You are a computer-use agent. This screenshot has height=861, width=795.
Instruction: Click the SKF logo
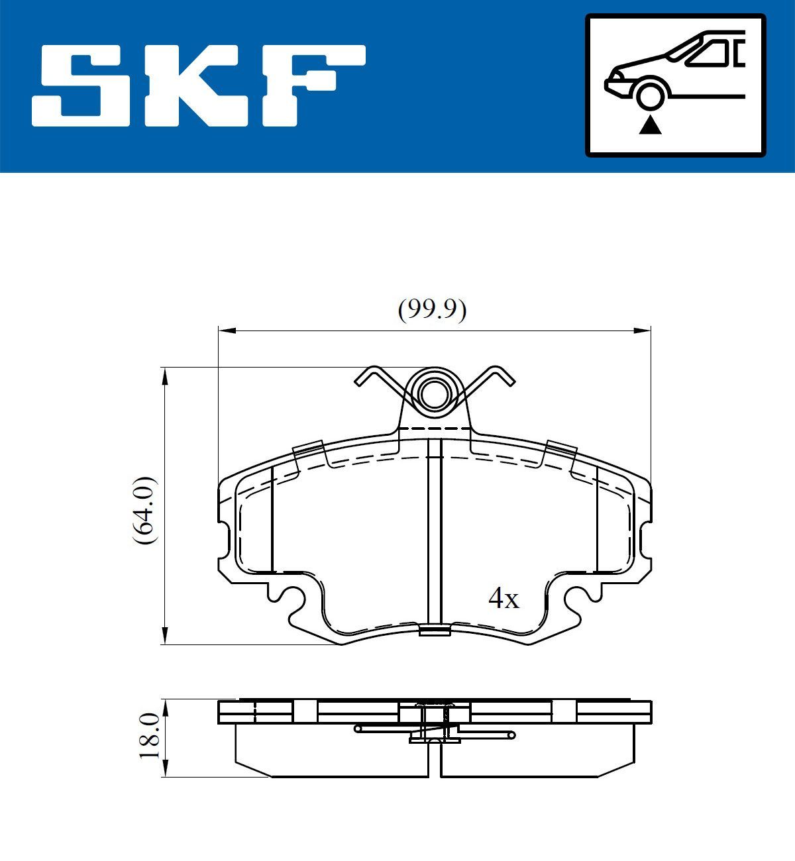[199, 85]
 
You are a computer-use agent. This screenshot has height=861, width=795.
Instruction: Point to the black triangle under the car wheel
[650, 125]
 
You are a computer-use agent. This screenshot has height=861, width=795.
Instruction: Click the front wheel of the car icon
[650, 93]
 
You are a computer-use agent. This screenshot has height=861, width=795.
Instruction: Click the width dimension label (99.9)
[432, 310]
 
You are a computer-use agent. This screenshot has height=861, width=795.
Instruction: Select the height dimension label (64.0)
[144, 510]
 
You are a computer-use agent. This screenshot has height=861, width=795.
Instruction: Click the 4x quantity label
[503, 599]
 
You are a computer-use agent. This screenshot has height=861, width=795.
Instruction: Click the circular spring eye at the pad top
[434, 395]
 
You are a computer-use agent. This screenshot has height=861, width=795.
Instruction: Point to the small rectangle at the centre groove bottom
[434, 630]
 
